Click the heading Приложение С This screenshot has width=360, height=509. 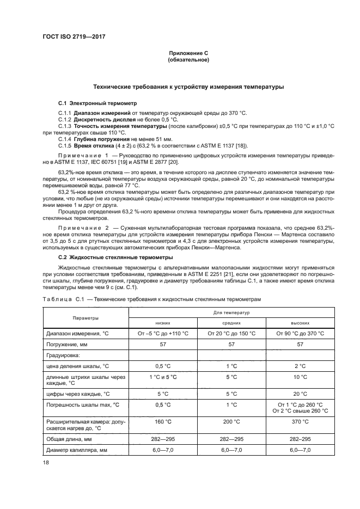(188, 53)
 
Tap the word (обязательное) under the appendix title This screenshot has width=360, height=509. (188, 59)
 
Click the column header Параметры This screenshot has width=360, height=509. (83, 317)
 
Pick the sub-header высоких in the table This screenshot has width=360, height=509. (300, 322)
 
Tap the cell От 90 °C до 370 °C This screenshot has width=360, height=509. (300, 333)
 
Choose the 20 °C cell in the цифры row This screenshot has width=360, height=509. (300, 393)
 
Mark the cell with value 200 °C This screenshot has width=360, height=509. (232, 421)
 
